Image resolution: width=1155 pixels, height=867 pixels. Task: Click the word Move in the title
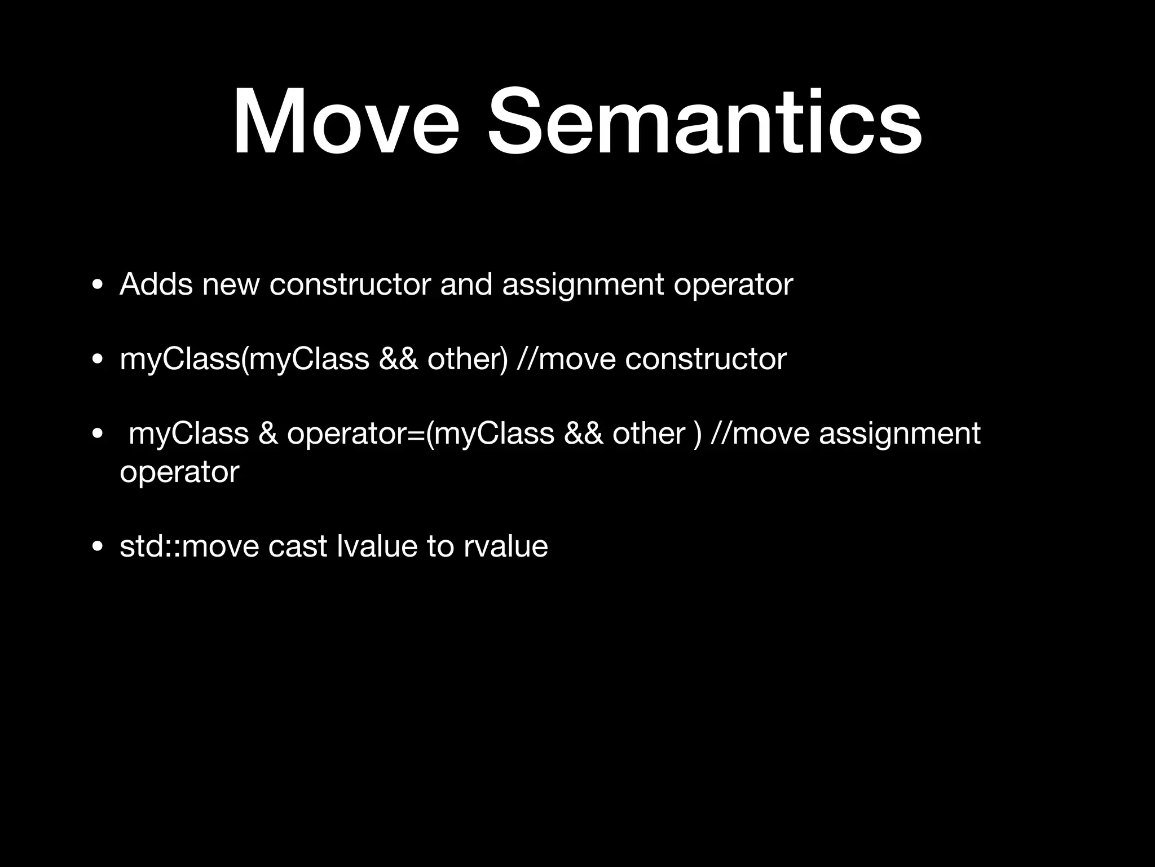(x=346, y=122)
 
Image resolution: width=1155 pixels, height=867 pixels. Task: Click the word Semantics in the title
(x=704, y=122)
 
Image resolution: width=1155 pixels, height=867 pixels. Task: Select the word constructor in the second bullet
(x=706, y=359)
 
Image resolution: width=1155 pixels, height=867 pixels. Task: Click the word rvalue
(x=506, y=546)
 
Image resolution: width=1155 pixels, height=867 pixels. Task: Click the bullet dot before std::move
(x=98, y=547)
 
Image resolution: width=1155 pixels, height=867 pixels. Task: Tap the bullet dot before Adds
(x=98, y=284)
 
